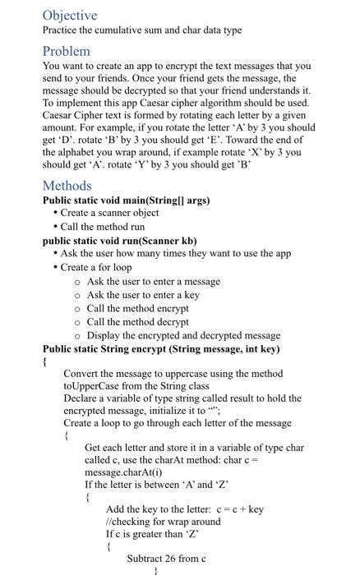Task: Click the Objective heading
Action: tap(70, 16)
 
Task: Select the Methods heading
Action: tap(67, 186)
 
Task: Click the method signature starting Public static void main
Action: tap(126, 200)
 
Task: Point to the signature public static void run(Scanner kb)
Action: tap(119, 241)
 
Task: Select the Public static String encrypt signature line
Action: tap(161, 347)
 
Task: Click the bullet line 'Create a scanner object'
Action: tap(109, 214)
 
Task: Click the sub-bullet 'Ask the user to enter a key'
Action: tap(143, 295)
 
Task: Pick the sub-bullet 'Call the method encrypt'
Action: tap(137, 308)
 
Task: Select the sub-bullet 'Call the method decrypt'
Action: tap(137, 322)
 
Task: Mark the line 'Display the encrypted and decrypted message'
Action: tap(183, 335)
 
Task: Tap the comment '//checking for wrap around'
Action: tap(164, 522)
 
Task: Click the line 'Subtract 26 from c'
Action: tap(166, 559)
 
